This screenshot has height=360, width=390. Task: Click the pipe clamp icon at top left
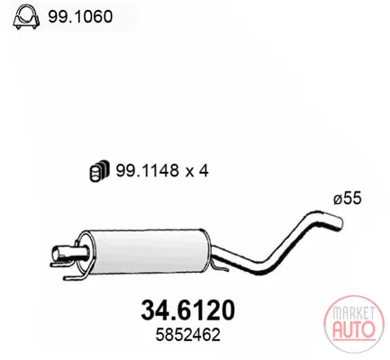click(x=26, y=17)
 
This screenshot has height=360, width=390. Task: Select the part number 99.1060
click(x=80, y=16)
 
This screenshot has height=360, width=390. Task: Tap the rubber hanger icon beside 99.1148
click(x=99, y=171)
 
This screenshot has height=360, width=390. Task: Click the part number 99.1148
click(x=148, y=171)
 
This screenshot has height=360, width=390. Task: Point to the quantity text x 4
click(x=196, y=171)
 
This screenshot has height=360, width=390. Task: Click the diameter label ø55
click(x=348, y=198)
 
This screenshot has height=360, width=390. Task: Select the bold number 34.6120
click(x=187, y=310)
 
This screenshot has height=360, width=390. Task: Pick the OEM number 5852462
click(x=188, y=335)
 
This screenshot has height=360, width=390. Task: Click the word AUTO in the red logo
click(x=354, y=328)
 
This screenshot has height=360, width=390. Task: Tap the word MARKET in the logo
click(x=354, y=313)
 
